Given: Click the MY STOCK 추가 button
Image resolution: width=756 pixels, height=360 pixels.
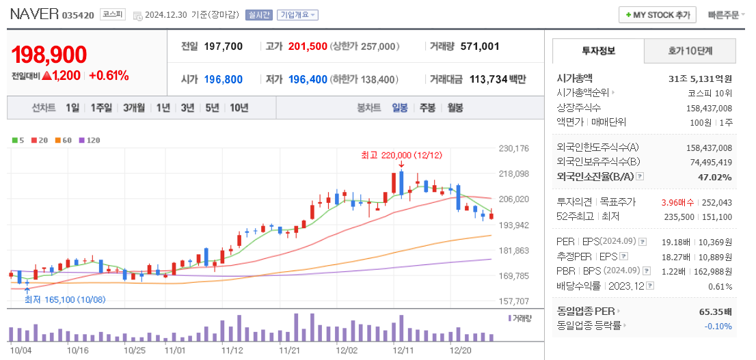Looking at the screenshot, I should (657, 15).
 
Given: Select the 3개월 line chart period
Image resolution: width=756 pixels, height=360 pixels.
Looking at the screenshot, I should (134, 108).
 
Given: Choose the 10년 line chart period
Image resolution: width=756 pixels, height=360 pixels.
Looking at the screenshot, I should (239, 108).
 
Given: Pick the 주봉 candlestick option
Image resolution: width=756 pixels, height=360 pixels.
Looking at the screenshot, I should (427, 108).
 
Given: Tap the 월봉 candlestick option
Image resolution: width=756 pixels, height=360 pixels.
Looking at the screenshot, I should (455, 108).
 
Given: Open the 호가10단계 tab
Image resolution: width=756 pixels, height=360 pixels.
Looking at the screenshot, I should (690, 51).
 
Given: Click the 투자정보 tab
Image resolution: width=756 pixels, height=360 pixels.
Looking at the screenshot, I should (598, 51).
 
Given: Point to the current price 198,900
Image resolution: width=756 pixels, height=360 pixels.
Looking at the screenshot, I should (49, 55).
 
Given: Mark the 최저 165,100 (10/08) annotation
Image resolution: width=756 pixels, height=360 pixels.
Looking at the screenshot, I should (65, 299).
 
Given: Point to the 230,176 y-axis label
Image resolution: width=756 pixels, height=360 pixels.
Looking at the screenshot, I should (515, 148).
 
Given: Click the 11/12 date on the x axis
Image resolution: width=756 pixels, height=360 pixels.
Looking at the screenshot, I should (232, 350).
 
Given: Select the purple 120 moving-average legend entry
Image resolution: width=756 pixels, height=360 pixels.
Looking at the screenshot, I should (90, 140).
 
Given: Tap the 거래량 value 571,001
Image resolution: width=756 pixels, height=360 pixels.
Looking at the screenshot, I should (480, 46).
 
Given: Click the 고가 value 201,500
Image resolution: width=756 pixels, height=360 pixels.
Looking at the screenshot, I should (307, 46).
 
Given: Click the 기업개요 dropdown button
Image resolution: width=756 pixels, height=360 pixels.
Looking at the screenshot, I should (297, 15).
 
